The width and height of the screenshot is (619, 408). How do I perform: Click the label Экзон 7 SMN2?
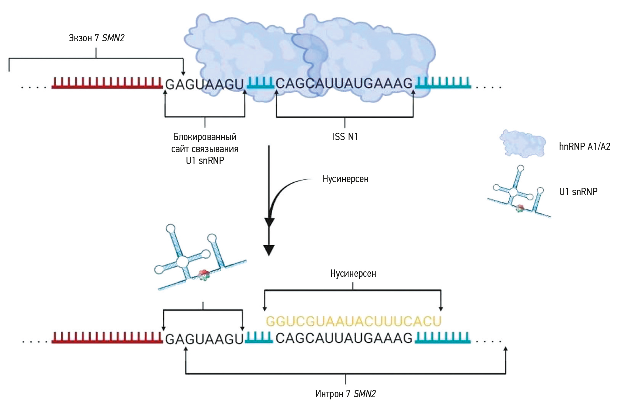coord(97,38)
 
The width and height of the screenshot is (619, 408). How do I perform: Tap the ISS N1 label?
coord(345,137)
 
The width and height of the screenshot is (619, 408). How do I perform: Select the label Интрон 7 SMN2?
coord(345,394)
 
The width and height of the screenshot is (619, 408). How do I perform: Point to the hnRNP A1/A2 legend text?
coord(584,146)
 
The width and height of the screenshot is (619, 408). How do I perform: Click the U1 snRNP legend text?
coord(578,192)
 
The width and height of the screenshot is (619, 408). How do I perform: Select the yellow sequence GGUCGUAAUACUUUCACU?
coord(354,321)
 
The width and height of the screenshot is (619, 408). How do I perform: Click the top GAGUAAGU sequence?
coord(205,85)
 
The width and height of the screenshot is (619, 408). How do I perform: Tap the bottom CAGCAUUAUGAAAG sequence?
coord(344,338)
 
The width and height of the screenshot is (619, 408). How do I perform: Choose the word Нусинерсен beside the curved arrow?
coord(345,179)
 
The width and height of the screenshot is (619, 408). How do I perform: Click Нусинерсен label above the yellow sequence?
coord(353,274)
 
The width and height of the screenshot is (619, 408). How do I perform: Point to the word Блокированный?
coord(205,137)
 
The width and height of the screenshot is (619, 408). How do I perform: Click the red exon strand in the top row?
coord(107,83)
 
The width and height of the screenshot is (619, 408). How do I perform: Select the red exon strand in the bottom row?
coord(107,338)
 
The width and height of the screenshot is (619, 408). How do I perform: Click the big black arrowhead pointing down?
coord(269,250)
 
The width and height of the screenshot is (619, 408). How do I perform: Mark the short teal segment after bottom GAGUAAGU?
coord(259,338)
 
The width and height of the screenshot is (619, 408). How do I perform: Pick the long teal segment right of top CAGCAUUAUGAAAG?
coord(443,83)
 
